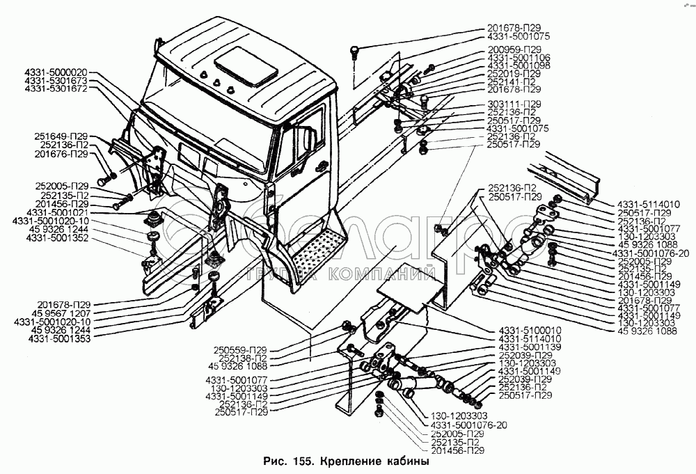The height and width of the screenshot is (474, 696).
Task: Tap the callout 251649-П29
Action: pyautogui.click(x=61, y=136)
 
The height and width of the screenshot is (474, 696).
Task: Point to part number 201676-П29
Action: pyautogui.click(x=61, y=154)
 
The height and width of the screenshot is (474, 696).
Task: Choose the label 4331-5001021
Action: pyautogui.click(x=58, y=212)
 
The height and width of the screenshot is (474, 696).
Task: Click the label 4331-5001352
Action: pyautogui.click(x=58, y=238)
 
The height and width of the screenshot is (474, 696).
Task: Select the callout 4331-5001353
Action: pyautogui.click(x=59, y=339)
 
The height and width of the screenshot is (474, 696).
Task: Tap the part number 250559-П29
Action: pyautogui.click(x=240, y=350)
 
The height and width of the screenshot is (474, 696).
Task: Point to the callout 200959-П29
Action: pyautogui.click(x=515, y=49)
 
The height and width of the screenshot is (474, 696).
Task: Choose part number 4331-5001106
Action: pyautogui.click(x=519, y=58)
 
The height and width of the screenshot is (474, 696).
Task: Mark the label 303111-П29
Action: pyautogui.click(x=514, y=104)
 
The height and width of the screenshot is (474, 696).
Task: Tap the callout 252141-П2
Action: pyautogui.click(x=512, y=81)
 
